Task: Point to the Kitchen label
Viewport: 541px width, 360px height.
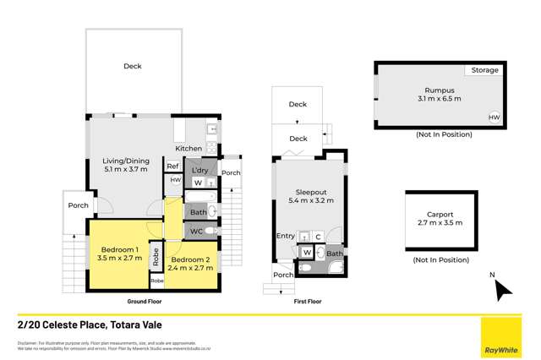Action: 189,149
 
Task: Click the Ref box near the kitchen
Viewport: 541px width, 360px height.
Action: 172,166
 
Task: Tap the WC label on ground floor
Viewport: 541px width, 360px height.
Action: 195,231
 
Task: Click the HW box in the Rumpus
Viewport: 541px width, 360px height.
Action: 493,118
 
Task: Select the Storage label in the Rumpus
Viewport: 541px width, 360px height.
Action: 484,71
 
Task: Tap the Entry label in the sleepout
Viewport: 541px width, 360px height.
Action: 285,236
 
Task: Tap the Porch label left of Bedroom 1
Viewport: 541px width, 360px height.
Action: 79,205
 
